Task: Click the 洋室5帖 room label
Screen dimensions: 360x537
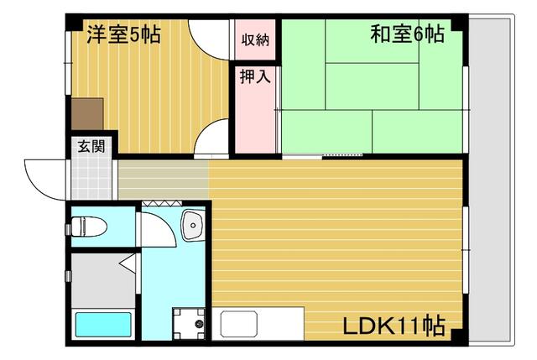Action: [x=124, y=35]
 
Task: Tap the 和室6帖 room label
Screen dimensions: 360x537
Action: [x=407, y=35]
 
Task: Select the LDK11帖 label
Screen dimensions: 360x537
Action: [x=393, y=325]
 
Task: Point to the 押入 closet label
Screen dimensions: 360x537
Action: [x=255, y=78]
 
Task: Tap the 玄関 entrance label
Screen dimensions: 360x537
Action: [x=91, y=146]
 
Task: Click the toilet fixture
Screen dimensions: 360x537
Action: [x=89, y=226]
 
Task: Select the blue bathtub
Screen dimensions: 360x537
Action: [x=103, y=326]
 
